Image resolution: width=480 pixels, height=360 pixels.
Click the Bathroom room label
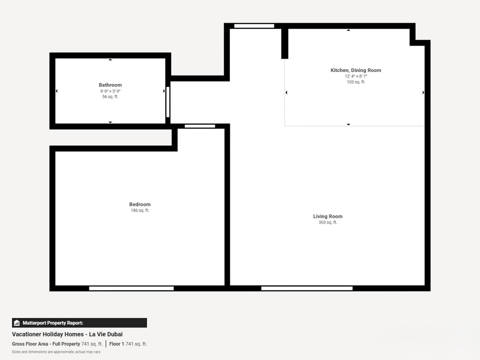[x=110, y=85]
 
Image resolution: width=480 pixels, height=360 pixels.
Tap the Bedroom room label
[x=140, y=204]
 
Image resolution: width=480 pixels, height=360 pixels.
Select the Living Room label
[x=328, y=216]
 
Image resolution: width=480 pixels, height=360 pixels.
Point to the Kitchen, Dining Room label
[x=356, y=70]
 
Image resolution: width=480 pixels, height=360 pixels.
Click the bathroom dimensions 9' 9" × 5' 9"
[x=110, y=91]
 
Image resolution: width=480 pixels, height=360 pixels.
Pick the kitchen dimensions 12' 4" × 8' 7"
[x=356, y=76]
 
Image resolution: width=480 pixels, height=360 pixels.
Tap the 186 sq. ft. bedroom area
[x=140, y=210]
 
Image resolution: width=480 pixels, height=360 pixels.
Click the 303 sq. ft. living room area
[x=328, y=222]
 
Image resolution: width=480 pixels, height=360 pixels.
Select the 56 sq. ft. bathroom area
[x=110, y=97]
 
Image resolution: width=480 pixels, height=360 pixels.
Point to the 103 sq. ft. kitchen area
[x=356, y=82]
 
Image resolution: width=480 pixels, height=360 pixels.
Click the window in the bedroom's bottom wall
[x=131, y=288]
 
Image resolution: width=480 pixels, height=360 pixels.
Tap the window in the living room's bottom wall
[x=307, y=288]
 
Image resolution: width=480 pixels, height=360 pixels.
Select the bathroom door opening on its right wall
[x=168, y=102]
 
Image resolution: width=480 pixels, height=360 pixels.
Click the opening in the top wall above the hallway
[x=254, y=26]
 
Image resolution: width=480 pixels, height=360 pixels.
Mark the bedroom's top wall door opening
[x=200, y=126]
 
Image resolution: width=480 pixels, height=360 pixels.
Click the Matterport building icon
[x=17, y=323]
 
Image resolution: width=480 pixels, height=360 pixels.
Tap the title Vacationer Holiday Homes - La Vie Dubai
[x=67, y=334]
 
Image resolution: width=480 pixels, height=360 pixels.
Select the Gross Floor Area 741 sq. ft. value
[x=92, y=344]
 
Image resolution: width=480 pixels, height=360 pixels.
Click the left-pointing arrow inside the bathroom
[x=57, y=91]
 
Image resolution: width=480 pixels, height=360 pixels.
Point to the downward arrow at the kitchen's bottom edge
[x=349, y=124]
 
